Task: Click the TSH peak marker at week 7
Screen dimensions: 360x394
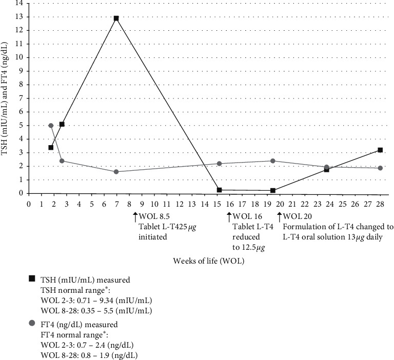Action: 116,18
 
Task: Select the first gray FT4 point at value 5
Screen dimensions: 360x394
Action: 51,126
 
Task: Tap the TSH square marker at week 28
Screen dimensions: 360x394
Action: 380,150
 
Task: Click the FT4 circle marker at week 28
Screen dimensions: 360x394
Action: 380,168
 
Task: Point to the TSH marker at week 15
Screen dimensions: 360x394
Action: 219,190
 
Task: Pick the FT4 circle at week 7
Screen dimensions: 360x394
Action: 116,172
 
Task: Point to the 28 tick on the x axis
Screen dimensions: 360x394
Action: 380,203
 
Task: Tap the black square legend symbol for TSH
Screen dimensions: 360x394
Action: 32,278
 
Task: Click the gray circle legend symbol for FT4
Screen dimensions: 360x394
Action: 32,324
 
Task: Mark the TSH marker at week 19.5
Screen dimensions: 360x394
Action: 273,190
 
